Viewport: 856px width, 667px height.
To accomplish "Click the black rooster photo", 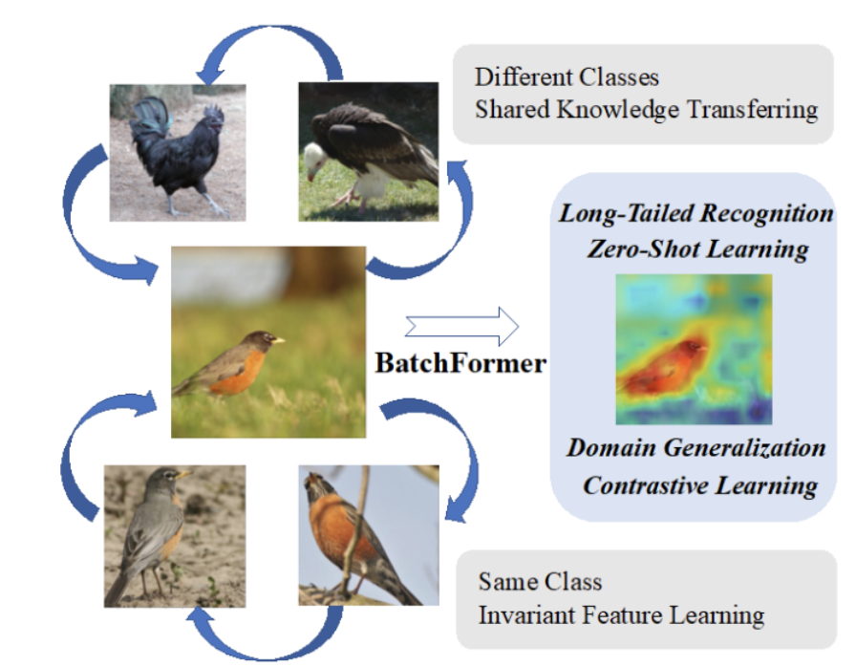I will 178,151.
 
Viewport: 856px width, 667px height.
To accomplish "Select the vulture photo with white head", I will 369,151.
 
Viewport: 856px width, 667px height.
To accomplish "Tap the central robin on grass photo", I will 269,342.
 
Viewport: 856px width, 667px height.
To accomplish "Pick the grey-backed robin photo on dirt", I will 175,535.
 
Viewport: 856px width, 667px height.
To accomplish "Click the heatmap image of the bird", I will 694,350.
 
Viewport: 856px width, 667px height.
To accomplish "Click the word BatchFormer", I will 460,364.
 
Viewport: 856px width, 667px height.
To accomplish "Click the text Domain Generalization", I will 695,447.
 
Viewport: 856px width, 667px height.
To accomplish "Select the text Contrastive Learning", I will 700,485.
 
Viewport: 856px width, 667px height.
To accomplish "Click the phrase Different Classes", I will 567,76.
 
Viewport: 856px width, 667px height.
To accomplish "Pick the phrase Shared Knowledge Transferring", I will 646,109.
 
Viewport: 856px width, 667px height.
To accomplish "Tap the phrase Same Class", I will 540,581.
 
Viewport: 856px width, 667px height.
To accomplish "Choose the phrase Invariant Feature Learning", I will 621,613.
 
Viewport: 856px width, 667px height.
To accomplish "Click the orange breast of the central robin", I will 235,374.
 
